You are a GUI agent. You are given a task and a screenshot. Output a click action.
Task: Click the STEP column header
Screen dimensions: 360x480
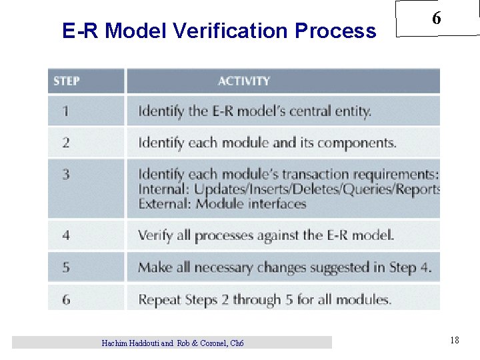67,81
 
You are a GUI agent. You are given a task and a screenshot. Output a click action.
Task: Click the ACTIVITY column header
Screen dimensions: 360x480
244,81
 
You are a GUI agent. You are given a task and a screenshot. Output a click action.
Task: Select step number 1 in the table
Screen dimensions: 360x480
65,111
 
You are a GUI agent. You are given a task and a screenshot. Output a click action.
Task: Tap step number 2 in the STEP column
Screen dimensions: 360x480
66,143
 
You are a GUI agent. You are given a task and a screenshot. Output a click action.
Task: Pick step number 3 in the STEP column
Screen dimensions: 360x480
66,175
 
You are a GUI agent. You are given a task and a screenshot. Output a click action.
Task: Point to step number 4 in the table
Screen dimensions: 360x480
66,235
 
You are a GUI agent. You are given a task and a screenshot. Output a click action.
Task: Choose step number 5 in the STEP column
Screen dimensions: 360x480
66,267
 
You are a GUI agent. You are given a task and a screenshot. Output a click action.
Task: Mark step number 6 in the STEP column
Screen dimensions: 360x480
66,299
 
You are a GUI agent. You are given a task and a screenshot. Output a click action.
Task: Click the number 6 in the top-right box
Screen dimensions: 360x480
436,19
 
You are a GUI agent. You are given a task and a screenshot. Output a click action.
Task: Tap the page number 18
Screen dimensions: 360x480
454,341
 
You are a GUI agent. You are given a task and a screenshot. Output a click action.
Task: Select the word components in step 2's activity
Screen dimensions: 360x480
359,143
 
